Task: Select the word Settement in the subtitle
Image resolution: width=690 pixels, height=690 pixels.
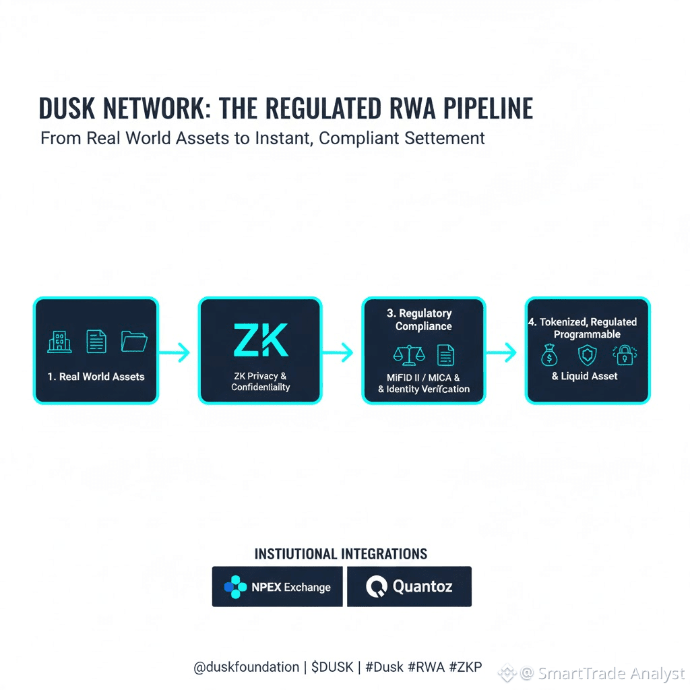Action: point(445,138)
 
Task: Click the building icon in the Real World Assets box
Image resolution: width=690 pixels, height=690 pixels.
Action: point(59,342)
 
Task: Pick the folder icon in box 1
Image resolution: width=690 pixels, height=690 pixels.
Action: point(134,342)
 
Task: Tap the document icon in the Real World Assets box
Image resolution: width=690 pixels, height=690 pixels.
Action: point(96,342)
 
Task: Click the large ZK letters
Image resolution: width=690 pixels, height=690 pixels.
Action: point(260,340)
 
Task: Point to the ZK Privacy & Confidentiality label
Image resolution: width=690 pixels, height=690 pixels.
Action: point(260,381)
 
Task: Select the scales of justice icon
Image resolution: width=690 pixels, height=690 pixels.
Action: point(406,354)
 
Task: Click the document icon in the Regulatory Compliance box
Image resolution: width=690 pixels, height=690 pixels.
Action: point(445,354)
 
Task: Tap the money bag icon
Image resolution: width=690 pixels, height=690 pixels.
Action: point(550,355)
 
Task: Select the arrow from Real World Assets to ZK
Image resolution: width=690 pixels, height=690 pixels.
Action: point(177,351)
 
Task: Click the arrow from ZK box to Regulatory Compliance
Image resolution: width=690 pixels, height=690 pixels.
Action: point(340,351)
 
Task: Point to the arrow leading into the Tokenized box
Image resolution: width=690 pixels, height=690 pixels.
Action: point(504,351)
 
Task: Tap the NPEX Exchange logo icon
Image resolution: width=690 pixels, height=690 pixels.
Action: point(235,587)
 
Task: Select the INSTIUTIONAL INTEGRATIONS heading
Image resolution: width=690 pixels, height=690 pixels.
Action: point(341,554)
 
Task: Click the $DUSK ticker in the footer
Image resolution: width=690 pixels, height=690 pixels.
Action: point(332,667)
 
